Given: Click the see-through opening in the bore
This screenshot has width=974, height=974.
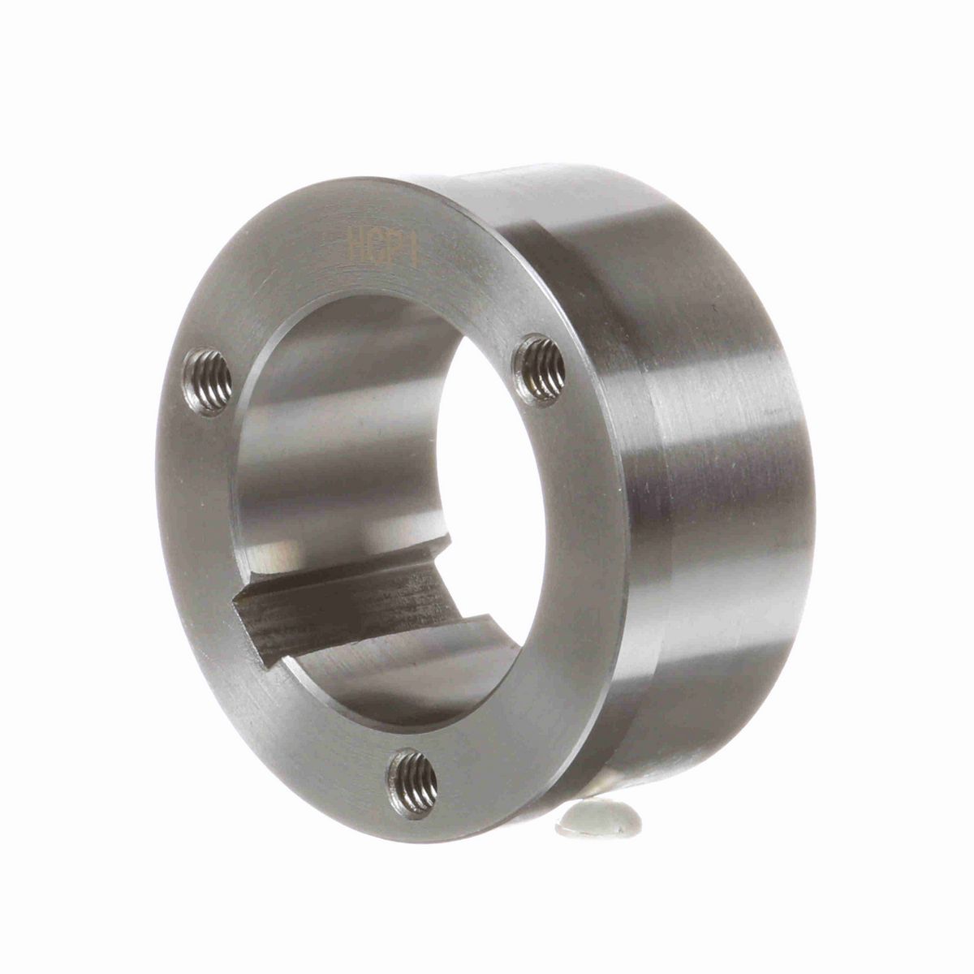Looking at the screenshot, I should tap(487, 455).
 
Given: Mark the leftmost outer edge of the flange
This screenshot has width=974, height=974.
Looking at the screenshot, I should tap(157, 487).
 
